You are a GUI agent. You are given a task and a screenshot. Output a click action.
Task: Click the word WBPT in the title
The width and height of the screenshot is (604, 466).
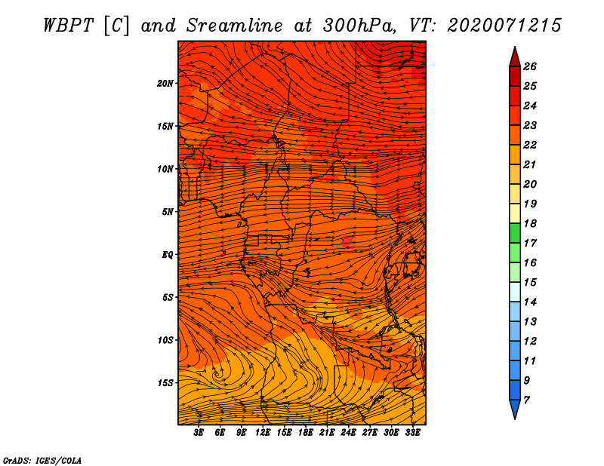(x=68, y=26)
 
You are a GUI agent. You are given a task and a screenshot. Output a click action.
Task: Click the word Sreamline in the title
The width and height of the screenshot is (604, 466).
(x=235, y=26)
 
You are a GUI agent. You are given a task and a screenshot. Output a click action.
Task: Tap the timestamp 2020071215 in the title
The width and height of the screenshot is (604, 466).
(x=504, y=26)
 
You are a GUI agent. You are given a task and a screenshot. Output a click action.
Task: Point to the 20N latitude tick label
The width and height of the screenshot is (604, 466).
(x=165, y=84)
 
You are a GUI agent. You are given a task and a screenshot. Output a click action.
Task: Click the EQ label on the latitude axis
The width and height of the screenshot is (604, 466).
(x=168, y=255)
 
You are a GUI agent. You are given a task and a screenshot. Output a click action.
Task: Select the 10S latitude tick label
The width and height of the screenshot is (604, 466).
(x=165, y=340)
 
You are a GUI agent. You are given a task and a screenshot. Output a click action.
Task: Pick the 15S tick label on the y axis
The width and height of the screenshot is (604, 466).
(x=165, y=383)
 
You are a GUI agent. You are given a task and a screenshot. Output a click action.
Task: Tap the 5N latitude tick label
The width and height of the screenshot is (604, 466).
(x=168, y=212)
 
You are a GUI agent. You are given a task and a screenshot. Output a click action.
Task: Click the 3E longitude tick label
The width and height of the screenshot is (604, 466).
(x=199, y=433)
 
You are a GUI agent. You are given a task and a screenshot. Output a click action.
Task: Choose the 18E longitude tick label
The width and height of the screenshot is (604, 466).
(x=306, y=433)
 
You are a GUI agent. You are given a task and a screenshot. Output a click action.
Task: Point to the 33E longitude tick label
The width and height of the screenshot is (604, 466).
(x=412, y=433)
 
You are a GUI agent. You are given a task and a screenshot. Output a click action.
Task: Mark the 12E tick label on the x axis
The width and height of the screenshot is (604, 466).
(x=263, y=433)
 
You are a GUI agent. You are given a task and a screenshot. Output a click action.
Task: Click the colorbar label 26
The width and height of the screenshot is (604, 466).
(x=530, y=66)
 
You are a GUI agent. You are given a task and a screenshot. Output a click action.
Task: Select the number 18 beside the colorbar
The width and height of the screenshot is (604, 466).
(x=530, y=223)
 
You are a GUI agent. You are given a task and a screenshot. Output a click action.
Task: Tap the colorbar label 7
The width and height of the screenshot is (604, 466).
(x=526, y=400)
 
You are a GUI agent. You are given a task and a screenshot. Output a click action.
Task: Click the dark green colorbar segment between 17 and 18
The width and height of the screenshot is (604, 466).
(x=515, y=233)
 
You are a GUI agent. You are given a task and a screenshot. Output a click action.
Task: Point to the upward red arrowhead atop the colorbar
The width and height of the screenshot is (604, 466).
(x=515, y=57)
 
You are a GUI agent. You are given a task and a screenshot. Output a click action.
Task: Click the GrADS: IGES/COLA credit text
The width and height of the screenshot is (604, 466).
(x=42, y=461)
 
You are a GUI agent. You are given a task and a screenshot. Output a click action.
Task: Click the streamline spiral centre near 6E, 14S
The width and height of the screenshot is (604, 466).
(x=217, y=373)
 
